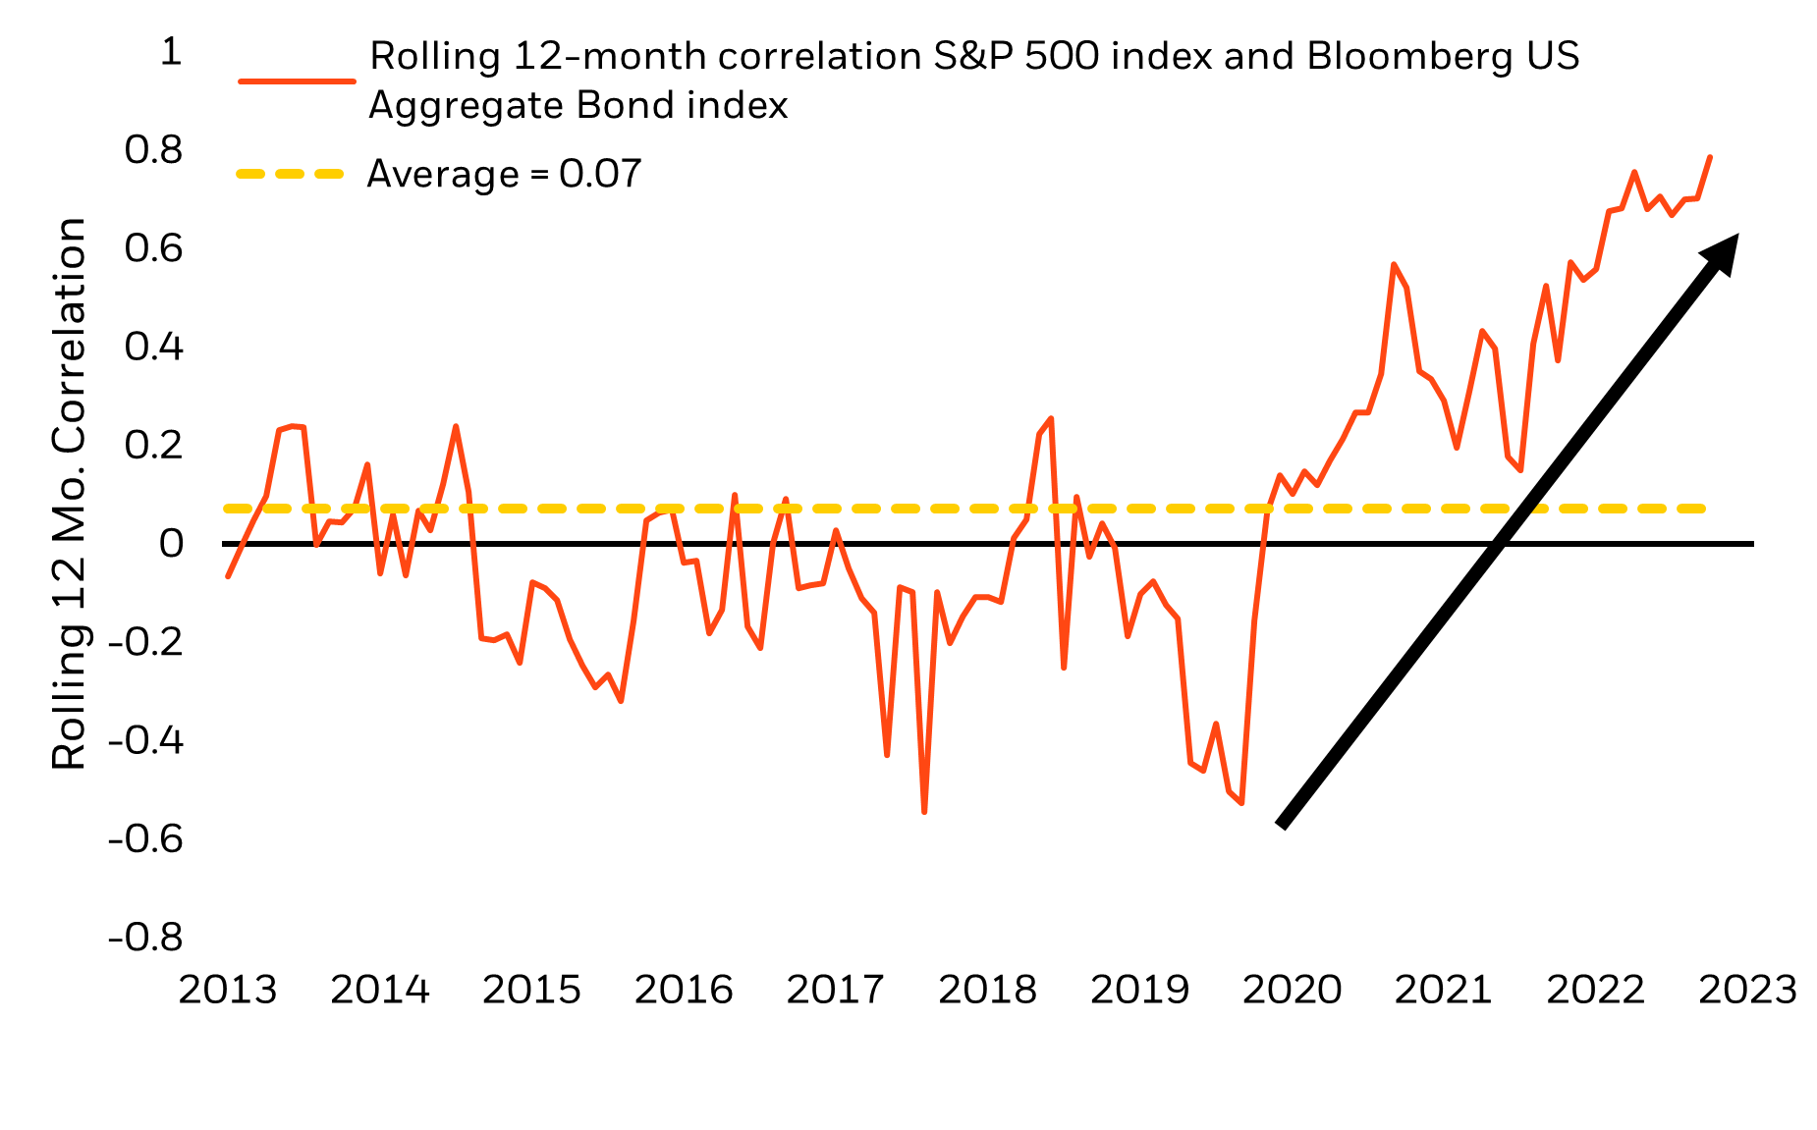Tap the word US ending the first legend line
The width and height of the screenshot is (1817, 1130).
(x=1554, y=57)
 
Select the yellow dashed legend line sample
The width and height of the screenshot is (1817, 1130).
(x=290, y=174)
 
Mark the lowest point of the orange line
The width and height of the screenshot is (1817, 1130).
(x=924, y=812)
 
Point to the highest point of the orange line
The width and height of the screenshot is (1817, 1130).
(x=1710, y=157)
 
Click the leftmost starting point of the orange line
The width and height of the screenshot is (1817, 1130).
(x=228, y=576)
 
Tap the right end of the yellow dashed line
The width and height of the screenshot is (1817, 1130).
(x=1704, y=509)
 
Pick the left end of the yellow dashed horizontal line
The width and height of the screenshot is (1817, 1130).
(x=227, y=509)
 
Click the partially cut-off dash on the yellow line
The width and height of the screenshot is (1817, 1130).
(x=1540, y=509)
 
